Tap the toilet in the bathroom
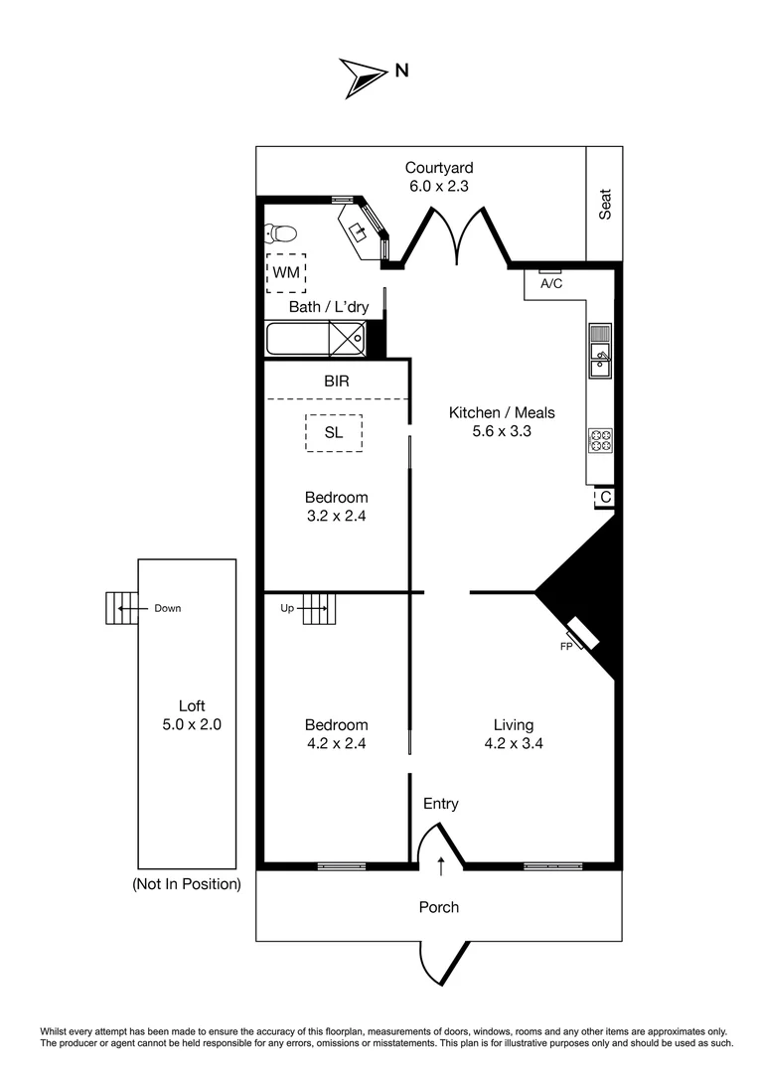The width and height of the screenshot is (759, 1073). pyautogui.click(x=280, y=234)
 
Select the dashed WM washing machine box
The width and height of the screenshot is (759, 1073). pyautogui.click(x=285, y=272)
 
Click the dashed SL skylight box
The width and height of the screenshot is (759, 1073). pyautogui.click(x=334, y=432)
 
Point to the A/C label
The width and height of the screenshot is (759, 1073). pyautogui.click(x=551, y=283)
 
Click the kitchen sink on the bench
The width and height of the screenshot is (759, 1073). pyautogui.click(x=600, y=360)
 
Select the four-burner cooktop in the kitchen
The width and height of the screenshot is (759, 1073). pyautogui.click(x=601, y=440)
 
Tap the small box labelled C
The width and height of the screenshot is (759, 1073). pyautogui.click(x=604, y=497)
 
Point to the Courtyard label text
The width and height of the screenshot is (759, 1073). pyautogui.click(x=438, y=167)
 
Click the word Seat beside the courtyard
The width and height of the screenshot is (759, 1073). pyautogui.click(x=604, y=204)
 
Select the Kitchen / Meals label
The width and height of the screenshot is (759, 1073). pyautogui.click(x=502, y=412)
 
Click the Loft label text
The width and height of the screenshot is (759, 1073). pyautogui.click(x=192, y=706)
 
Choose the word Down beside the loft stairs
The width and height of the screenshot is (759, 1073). pyautogui.click(x=167, y=608)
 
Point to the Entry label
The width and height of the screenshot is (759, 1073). pyautogui.click(x=440, y=804)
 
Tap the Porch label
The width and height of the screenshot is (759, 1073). pyautogui.click(x=438, y=906)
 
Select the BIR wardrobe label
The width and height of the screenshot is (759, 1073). pyautogui.click(x=336, y=381)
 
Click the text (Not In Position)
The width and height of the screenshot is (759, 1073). pyautogui.click(x=186, y=883)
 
